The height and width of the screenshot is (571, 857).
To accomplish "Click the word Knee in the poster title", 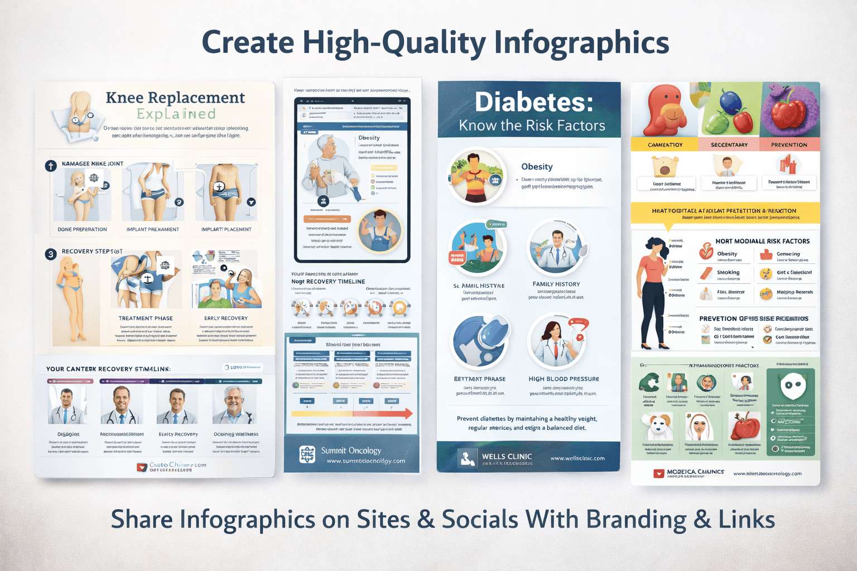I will tap(124, 98).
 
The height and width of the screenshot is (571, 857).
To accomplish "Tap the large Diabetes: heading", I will tap(533, 102).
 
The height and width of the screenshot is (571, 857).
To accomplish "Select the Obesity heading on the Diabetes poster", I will tap(537, 167).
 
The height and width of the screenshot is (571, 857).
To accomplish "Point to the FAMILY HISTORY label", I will tap(556, 284).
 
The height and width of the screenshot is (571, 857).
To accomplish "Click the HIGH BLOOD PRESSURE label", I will tap(564, 379).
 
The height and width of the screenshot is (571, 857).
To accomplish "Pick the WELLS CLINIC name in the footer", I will tap(507, 457).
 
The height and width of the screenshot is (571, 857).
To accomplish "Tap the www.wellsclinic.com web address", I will tap(577, 458).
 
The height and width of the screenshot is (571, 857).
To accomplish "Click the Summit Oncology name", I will tap(351, 451).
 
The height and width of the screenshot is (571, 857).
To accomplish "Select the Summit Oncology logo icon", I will tap(307, 454).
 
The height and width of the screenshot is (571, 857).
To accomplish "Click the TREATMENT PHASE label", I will tap(146, 318).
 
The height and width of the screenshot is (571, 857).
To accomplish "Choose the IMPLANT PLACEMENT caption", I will tap(226, 229).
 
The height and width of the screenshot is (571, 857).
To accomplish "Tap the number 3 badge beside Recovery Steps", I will tap(51, 254).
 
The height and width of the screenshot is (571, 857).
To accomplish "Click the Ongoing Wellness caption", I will tap(235, 434).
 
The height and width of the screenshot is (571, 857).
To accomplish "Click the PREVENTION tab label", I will tap(789, 145).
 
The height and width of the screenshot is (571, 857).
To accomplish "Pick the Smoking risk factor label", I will tap(728, 273).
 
